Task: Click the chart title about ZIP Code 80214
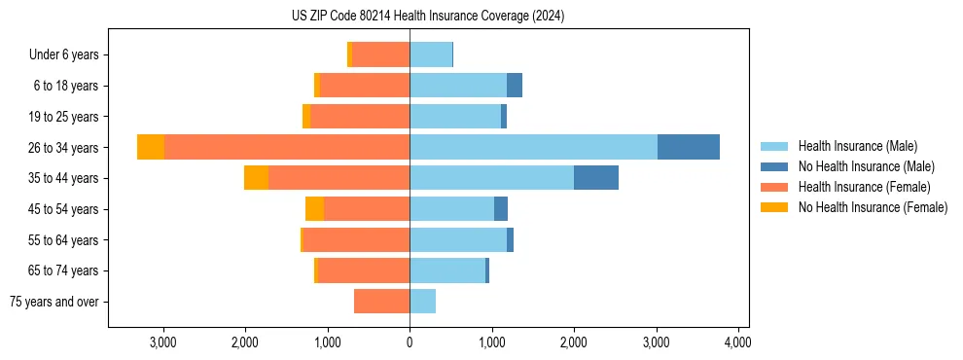(x=428, y=17)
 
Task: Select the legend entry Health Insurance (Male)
(x=857, y=146)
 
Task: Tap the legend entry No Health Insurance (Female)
(x=872, y=207)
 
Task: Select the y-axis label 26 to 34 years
(x=63, y=147)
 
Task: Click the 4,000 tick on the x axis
(x=737, y=342)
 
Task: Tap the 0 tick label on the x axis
(x=410, y=342)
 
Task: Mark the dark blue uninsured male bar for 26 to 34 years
(x=689, y=147)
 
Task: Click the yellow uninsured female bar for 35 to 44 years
(x=256, y=178)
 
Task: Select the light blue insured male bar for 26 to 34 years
(x=533, y=147)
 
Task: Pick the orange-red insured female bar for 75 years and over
(x=381, y=302)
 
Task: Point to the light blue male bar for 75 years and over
(x=422, y=302)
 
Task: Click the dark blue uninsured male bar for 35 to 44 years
(x=596, y=178)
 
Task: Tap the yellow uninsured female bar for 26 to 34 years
(x=151, y=147)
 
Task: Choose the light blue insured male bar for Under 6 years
(x=431, y=54)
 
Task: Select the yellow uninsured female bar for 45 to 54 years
(x=314, y=209)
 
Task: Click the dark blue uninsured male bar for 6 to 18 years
(x=515, y=86)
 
